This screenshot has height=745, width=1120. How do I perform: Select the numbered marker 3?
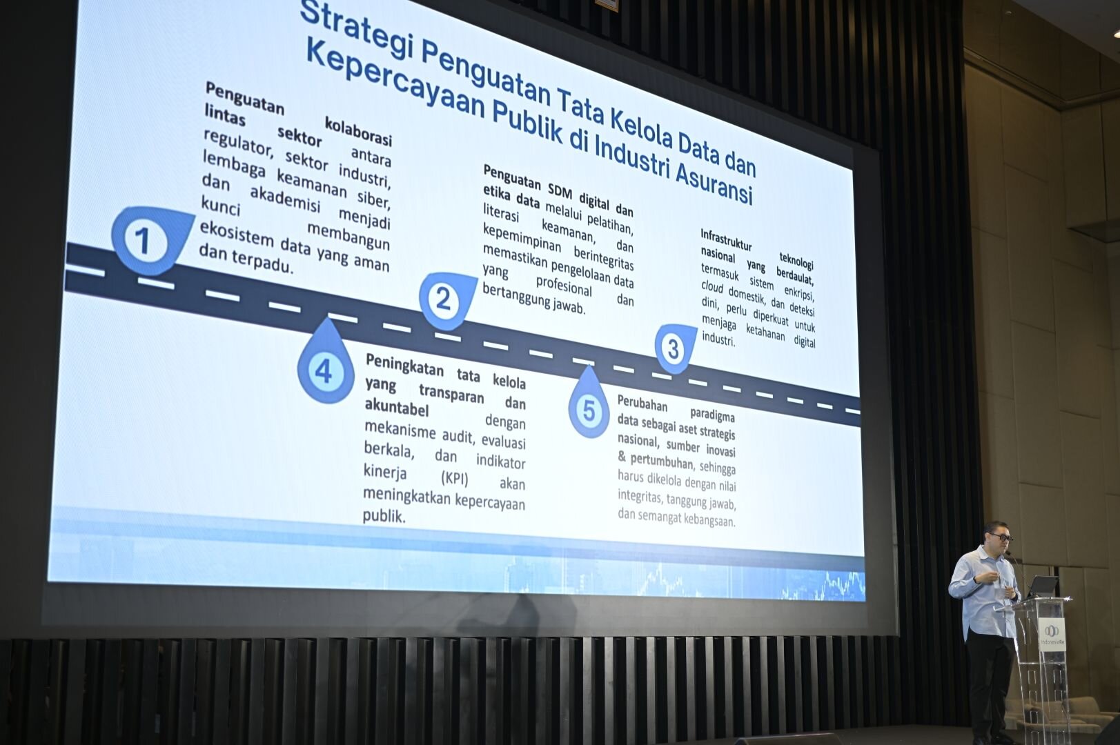tap(674, 349)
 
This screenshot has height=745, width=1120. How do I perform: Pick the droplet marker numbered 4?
tap(326, 365)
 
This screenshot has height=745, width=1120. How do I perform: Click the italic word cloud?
tap(712, 286)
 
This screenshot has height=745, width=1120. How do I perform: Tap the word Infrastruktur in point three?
tap(726, 240)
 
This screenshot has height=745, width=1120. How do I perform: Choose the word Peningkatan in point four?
tap(404, 365)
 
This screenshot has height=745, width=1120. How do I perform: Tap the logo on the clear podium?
tap(1052, 635)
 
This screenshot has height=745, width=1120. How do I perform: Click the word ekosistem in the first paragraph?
tap(237, 234)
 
